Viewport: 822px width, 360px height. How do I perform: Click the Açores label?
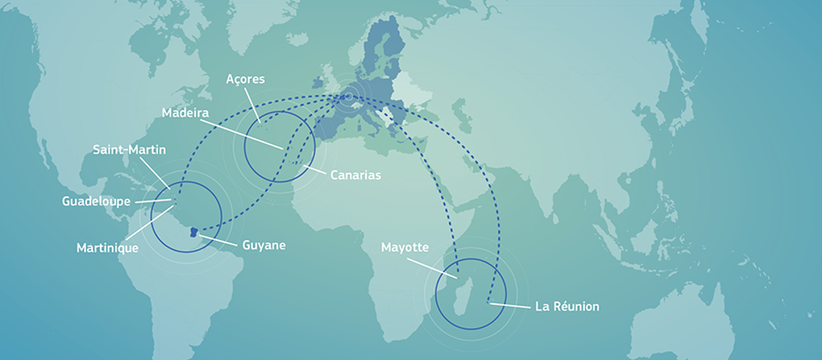click(x=245, y=79)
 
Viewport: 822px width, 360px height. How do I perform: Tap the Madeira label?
click(x=184, y=112)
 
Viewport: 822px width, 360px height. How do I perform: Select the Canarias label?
click(x=355, y=175)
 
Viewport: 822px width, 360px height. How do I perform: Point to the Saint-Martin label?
click(x=129, y=150)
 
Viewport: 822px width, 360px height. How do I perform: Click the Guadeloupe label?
click(x=97, y=201)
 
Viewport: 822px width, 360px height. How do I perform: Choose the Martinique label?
click(x=107, y=247)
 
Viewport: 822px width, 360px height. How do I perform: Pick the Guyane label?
click(x=263, y=245)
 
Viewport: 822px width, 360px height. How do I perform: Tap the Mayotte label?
click(x=404, y=247)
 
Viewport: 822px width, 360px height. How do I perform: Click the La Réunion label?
click(x=566, y=307)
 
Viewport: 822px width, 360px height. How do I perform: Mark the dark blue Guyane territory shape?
click(x=194, y=232)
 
